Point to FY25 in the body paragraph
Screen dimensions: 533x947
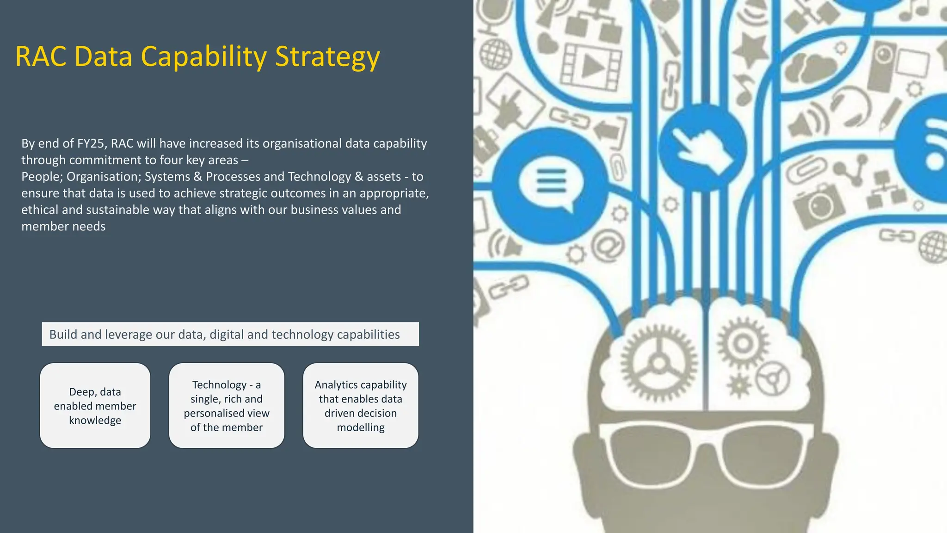point(91,143)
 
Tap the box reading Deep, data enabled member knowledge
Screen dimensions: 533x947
point(95,406)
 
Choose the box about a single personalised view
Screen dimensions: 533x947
point(227,406)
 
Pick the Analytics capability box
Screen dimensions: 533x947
point(361,406)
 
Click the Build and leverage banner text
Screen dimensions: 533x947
point(225,335)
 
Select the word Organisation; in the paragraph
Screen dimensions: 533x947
point(104,177)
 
